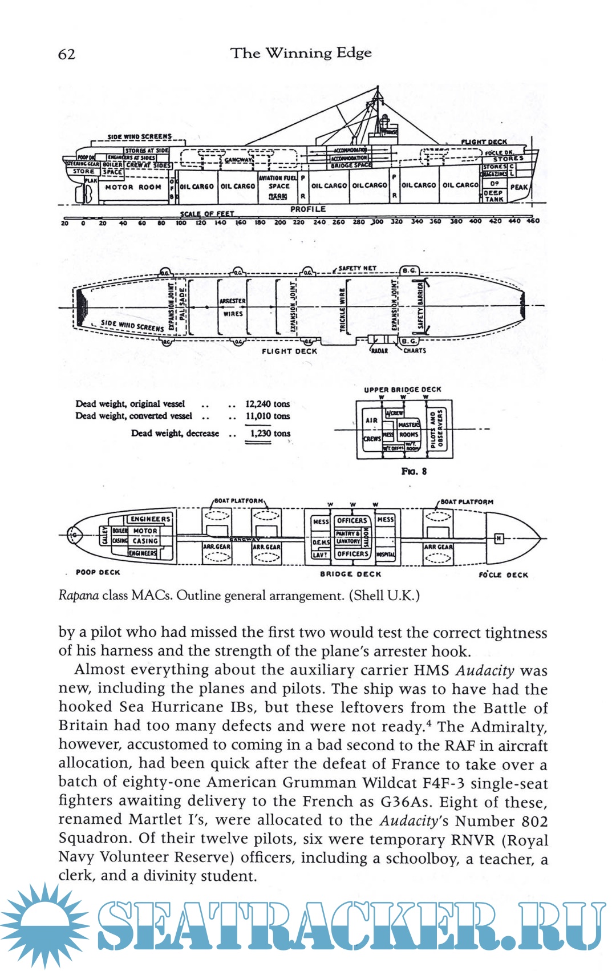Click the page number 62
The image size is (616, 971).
(67, 54)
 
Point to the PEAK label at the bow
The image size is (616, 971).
(518, 187)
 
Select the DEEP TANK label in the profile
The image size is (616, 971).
(493, 196)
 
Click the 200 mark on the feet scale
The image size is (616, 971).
(280, 222)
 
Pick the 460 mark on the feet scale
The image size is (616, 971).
(533, 221)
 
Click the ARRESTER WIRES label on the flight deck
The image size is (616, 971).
(233, 307)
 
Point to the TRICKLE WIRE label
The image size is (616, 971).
(343, 310)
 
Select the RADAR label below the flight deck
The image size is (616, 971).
(379, 351)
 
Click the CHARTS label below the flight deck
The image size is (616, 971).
(415, 351)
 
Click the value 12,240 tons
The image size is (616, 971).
(268, 404)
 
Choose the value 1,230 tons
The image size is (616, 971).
(270, 434)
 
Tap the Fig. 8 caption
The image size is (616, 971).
(414, 471)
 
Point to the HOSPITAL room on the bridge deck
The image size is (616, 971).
(386, 554)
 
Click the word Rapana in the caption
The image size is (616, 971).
(79, 596)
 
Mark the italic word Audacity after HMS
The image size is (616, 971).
(485, 671)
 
